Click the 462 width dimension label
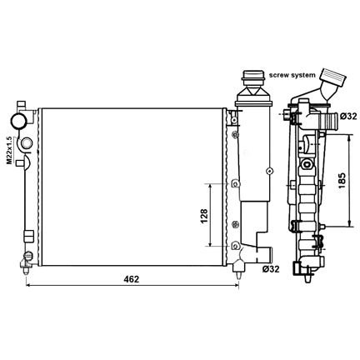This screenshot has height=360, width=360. click(x=131, y=279)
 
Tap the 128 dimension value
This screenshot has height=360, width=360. click(x=203, y=216)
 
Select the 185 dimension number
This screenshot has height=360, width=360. click(x=342, y=181)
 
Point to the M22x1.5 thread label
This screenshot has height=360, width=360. click(x=9, y=150)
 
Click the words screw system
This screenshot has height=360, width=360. click(x=292, y=75)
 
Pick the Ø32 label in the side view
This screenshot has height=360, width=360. click(x=347, y=117)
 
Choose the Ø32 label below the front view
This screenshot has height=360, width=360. click(x=271, y=269)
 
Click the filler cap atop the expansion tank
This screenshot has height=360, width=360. click(x=253, y=78)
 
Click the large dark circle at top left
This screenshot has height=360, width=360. click(x=18, y=120)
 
